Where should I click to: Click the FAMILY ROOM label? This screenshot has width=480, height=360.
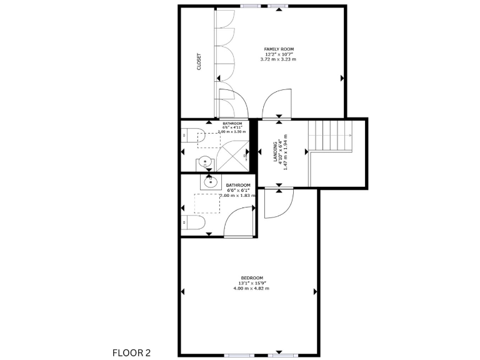pyautogui.click(x=279, y=49)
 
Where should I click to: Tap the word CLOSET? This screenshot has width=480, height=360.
pyautogui.click(x=199, y=61)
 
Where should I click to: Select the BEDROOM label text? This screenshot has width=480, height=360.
pyautogui.click(x=252, y=277)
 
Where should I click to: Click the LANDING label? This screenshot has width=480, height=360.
pyautogui.click(x=275, y=153)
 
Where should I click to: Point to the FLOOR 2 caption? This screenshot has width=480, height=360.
pyautogui.click(x=131, y=353)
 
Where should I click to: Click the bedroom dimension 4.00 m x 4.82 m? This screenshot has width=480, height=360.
pyautogui.click(x=252, y=288)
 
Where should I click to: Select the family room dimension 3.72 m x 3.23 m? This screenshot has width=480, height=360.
pyautogui.click(x=279, y=59)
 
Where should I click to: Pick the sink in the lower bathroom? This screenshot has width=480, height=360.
pyautogui.click(x=208, y=182)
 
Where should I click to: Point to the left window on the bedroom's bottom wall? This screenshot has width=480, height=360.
pyautogui.click(x=239, y=355)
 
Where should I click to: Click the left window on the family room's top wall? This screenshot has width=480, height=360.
pyautogui.click(x=251, y=6)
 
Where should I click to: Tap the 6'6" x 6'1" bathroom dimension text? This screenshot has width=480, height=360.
pyautogui.click(x=238, y=191)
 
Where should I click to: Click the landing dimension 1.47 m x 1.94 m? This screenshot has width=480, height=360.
pyautogui.click(x=285, y=153)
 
